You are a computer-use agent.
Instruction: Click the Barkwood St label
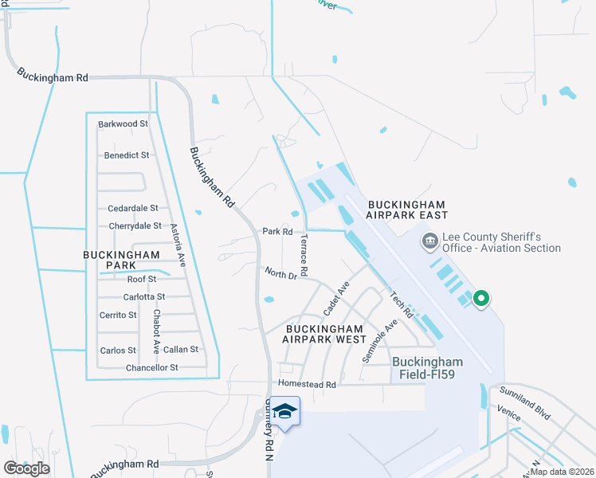123,124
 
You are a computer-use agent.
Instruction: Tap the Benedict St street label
127,155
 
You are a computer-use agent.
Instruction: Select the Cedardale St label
132,209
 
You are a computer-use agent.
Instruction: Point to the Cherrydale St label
135,226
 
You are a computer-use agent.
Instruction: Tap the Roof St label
141,280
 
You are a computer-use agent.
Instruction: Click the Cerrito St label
118,315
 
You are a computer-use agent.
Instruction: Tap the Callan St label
180,350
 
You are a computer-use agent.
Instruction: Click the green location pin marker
480,300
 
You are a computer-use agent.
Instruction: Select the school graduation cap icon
284,412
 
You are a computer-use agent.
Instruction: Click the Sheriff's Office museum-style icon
429,240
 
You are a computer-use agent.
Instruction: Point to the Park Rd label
277,232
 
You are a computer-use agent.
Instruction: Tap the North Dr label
280,275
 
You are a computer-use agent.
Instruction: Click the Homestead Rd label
308,384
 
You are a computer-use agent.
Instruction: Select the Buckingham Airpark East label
407,210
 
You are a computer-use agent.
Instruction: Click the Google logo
26,468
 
